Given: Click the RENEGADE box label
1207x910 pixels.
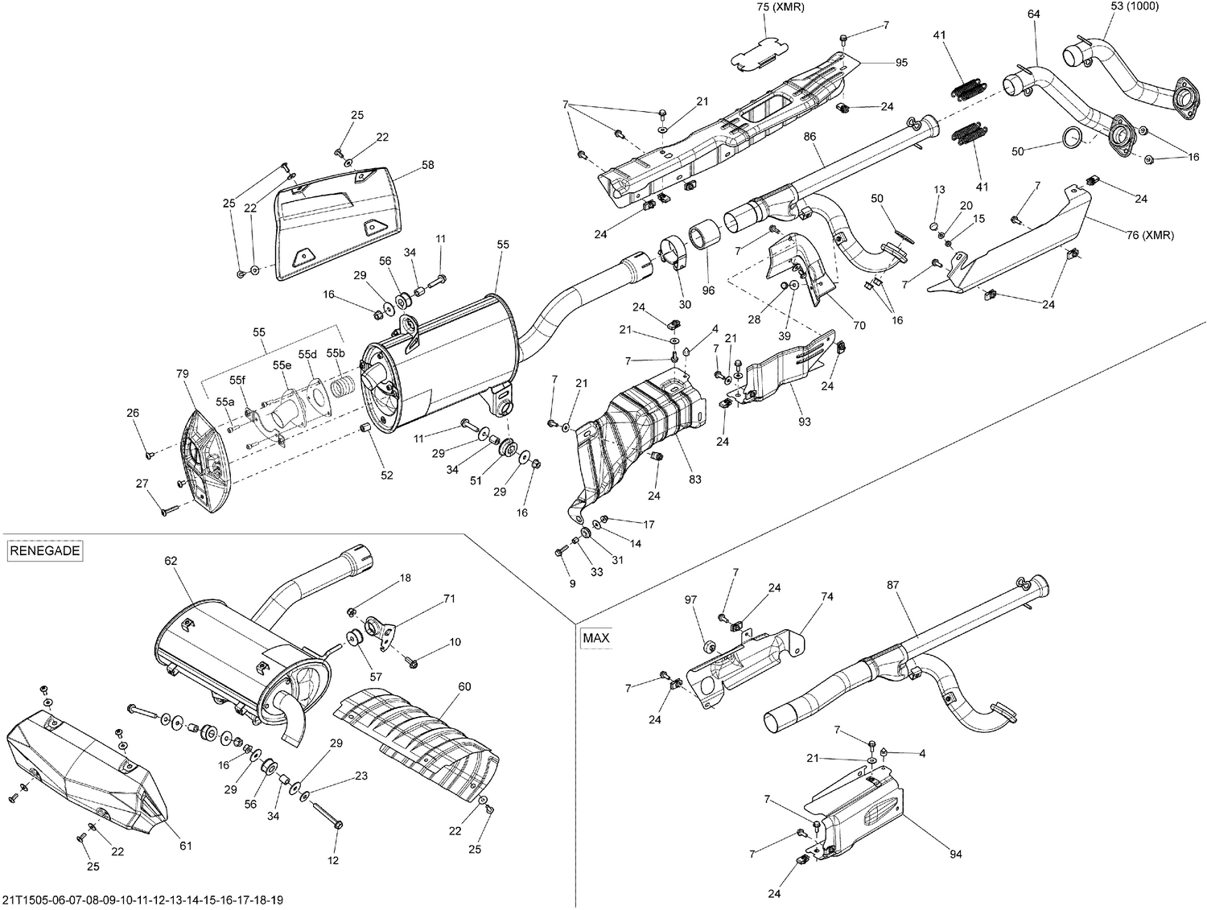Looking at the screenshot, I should click(45, 551).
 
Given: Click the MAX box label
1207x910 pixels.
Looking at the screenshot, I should click(596, 638).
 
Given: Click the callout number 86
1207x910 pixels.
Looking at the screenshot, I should click(809, 137).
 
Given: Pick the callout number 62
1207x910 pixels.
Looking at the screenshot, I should click(170, 560).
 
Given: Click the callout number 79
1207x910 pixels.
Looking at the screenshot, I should click(183, 373).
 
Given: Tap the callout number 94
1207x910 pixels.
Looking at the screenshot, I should click(955, 854).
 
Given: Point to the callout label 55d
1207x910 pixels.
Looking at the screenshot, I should click(307, 354).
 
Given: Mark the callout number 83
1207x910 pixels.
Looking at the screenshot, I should click(695, 479).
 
